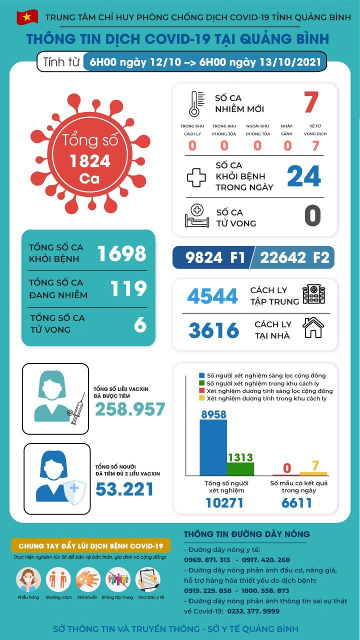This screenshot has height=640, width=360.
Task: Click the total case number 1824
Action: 90,161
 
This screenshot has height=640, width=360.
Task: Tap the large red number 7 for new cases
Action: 310,102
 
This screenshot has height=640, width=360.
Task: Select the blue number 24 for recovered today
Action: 303,176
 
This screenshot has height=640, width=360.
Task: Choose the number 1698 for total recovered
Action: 121,253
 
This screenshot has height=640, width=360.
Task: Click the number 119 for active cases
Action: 129,288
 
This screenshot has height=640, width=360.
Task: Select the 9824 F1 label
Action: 215,257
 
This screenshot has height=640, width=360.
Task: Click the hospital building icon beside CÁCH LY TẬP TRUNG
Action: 313,294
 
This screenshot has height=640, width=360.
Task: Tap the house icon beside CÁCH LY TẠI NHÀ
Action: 313,328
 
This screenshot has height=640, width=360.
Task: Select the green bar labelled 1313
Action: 240,468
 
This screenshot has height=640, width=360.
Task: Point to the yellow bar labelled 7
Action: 313,473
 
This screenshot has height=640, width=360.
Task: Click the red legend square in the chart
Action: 201,390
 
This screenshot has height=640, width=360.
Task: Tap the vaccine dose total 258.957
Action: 130,409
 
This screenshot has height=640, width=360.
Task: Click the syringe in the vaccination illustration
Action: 77,408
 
